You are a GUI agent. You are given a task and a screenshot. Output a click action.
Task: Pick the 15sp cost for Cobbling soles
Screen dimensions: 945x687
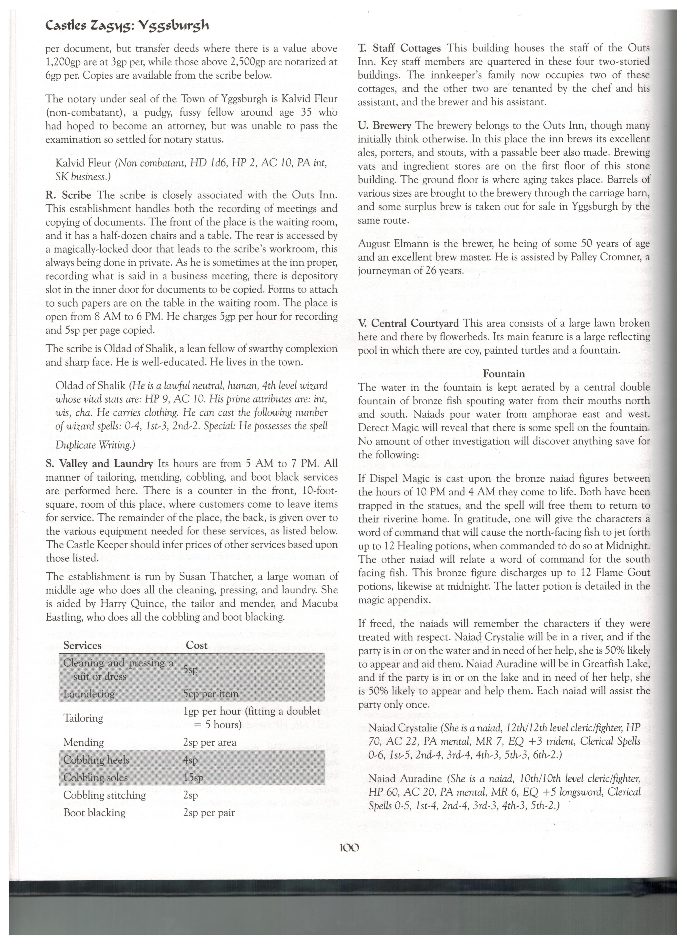coord(193,777)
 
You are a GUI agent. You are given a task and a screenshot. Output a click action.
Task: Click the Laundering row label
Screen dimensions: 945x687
coord(89,694)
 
